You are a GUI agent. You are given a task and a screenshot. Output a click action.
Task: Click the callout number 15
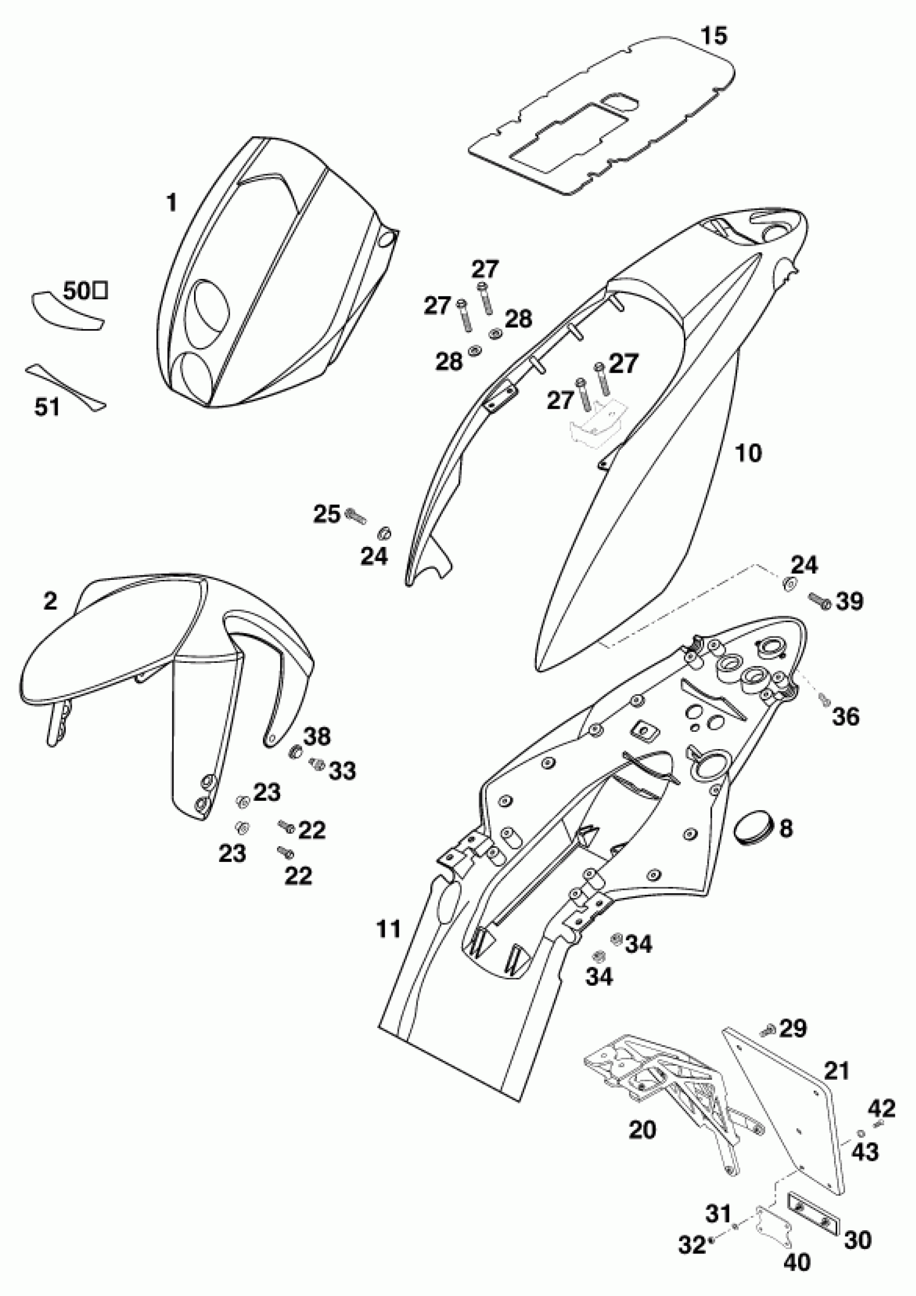tap(714, 37)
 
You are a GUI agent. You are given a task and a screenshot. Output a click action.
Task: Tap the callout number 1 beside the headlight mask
tap(171, 203)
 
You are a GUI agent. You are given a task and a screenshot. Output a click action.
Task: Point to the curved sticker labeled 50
tap(67, 311)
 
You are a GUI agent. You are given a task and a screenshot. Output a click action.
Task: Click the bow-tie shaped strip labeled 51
tap(65, 387)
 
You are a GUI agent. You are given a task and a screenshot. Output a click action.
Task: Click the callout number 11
tap(389, 929)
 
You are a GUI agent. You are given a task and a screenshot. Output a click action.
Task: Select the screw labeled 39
tap(820, 601)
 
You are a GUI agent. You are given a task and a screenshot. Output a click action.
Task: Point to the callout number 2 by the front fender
tap(50, 601)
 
